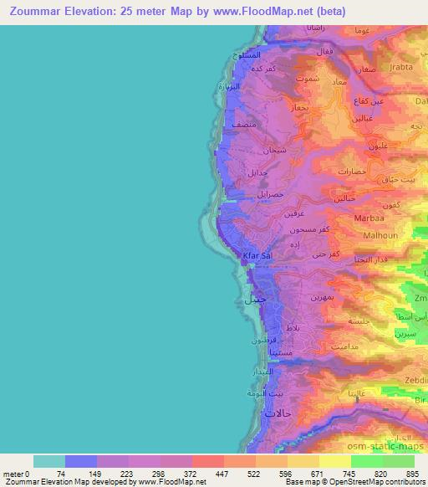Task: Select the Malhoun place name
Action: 380,236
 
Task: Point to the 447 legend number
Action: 223,474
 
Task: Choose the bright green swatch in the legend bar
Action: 367,461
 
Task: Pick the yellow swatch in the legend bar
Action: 335,461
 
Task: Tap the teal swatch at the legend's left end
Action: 49,461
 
